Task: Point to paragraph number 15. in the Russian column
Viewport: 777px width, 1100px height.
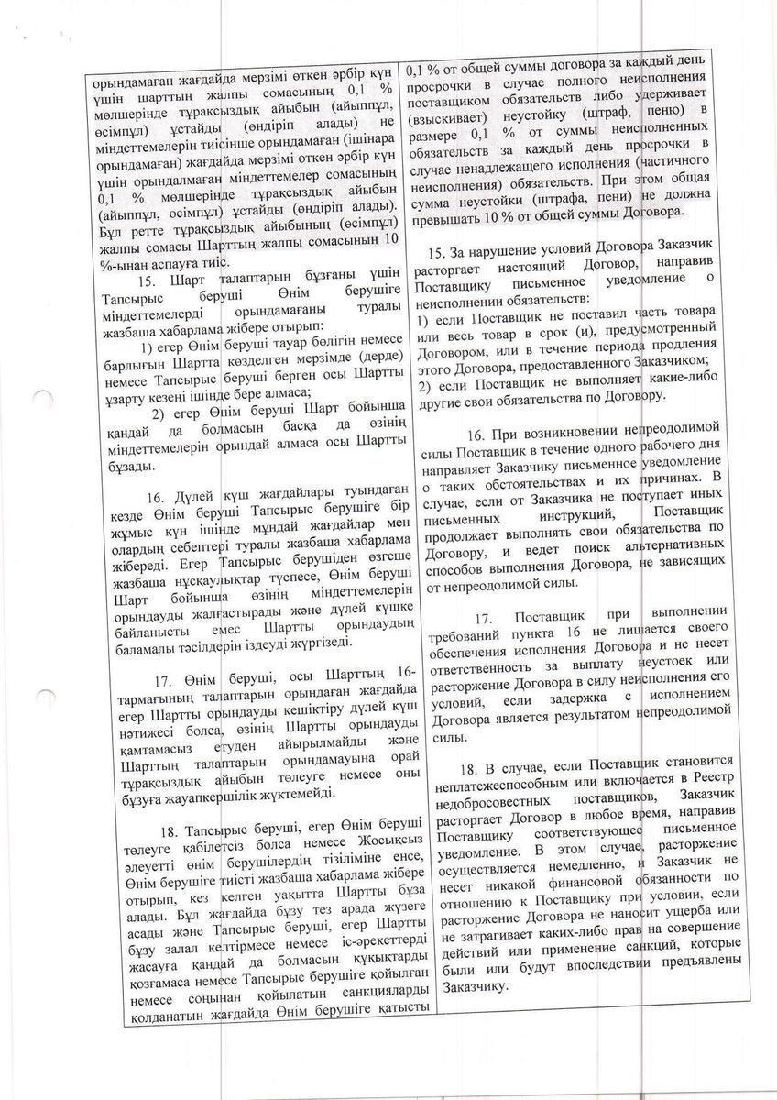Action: tap(439, 254)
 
